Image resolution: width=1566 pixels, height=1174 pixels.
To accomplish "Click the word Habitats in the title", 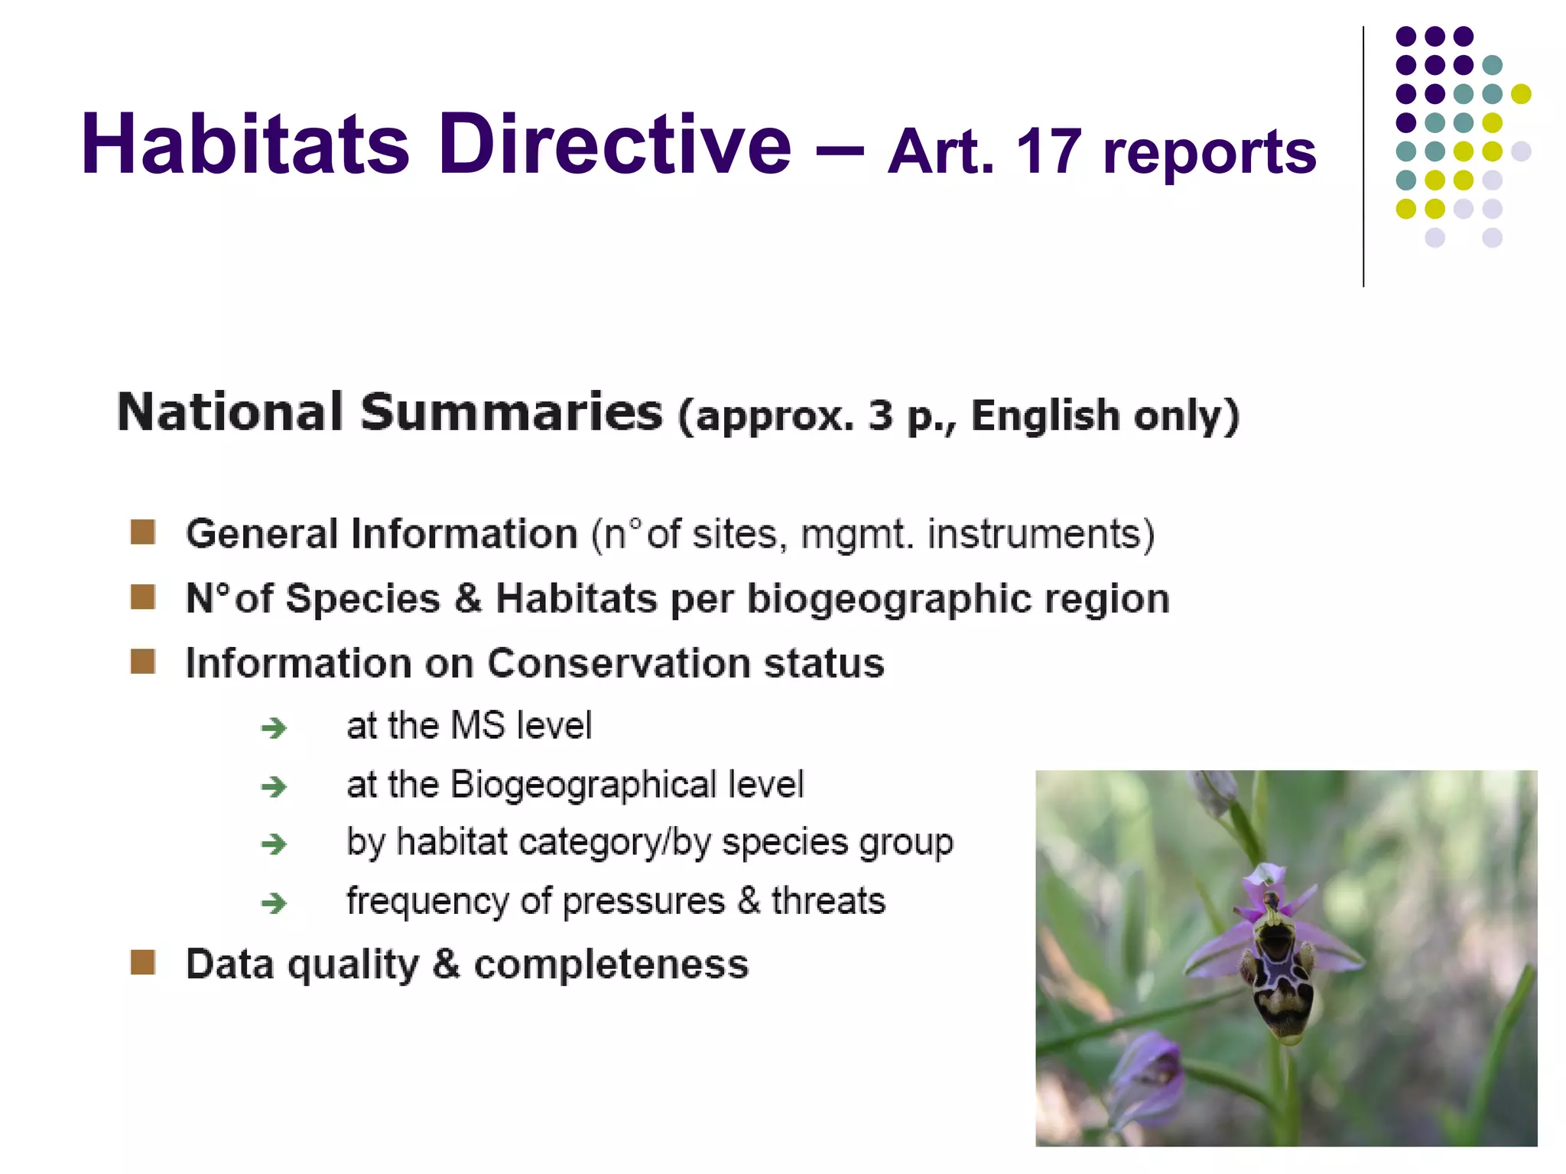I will pos(245,145).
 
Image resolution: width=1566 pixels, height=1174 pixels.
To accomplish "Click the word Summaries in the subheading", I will pos(511,413).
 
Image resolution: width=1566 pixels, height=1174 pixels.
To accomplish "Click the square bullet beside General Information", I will pos(143,532).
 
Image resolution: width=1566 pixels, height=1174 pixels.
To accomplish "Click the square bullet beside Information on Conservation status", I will pos(143,662).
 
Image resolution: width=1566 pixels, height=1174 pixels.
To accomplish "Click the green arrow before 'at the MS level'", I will pos(274,727).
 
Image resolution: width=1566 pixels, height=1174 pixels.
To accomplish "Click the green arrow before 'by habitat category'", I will pos(274,844).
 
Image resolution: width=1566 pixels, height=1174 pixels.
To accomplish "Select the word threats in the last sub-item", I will pos(828,901).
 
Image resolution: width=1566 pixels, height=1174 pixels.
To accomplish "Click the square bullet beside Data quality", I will pos(143,963).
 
